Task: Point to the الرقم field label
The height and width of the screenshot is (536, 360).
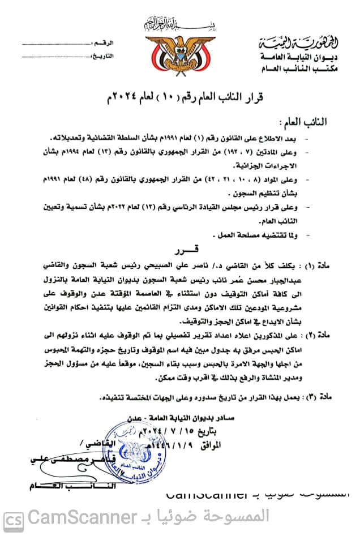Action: (x=105, y=43)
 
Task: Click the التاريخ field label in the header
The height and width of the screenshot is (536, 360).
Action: (x=103, y=55)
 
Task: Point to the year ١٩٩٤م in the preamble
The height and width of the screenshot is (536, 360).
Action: (x=101, y=151)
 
